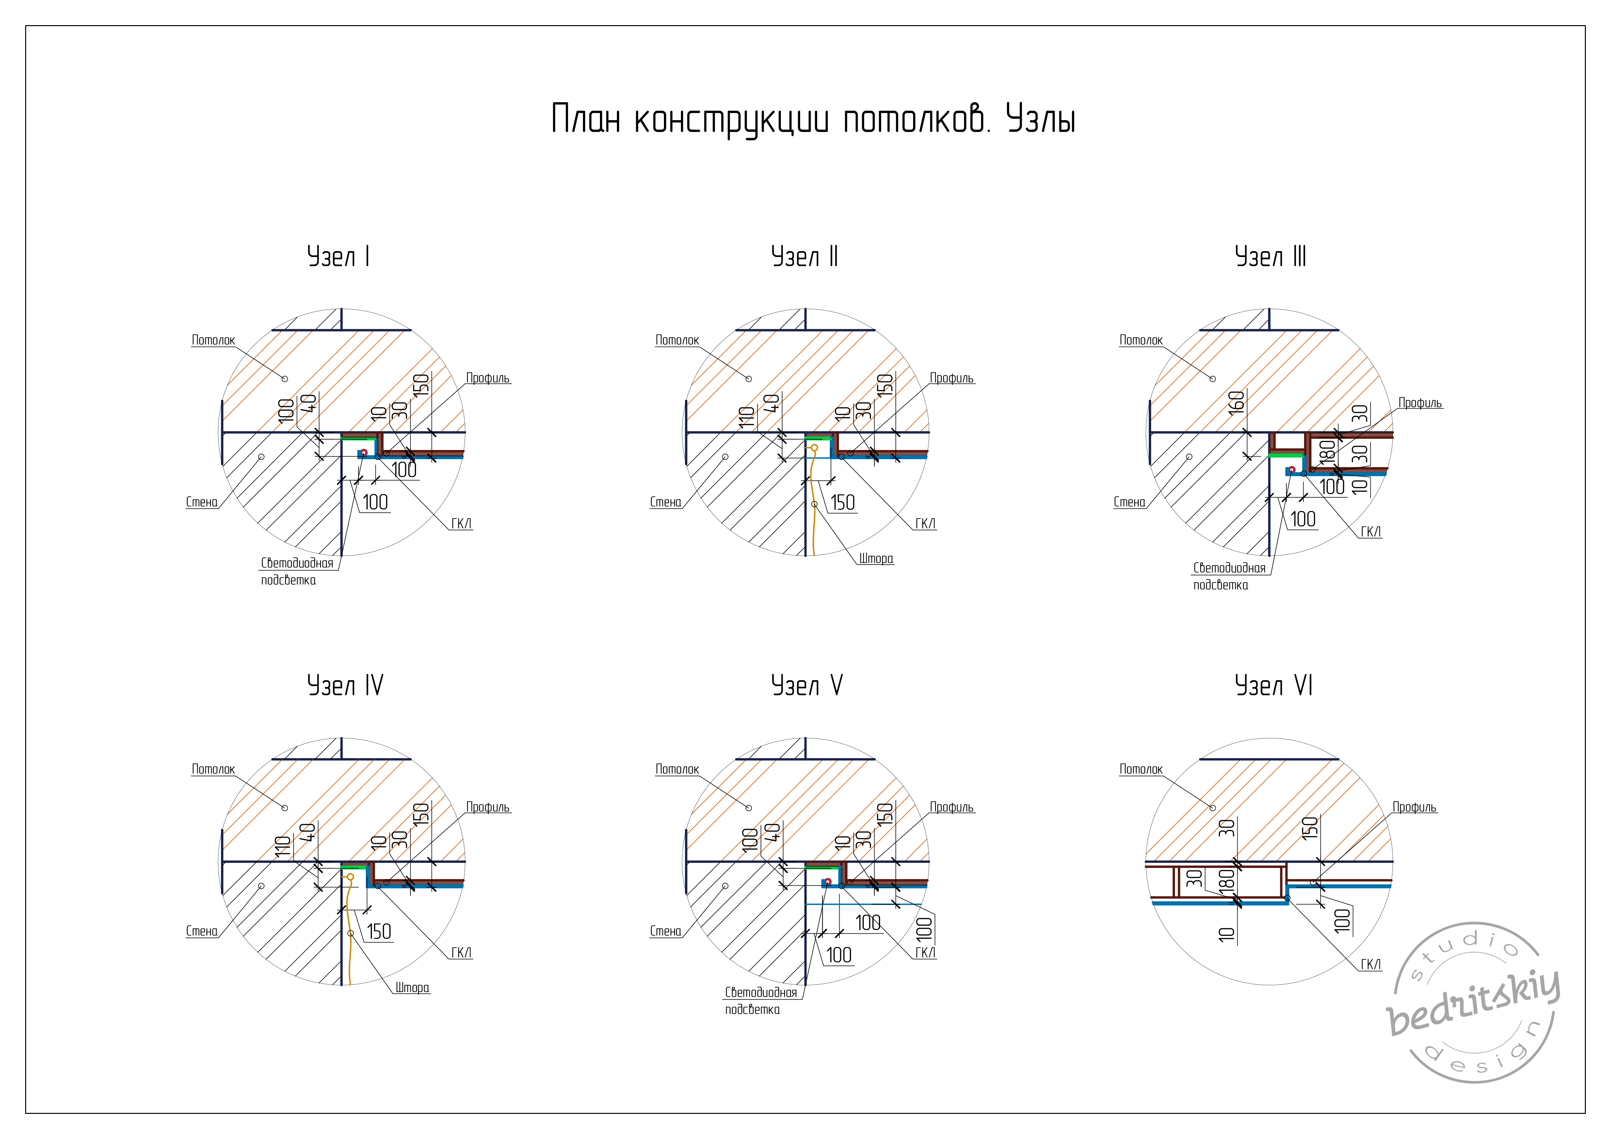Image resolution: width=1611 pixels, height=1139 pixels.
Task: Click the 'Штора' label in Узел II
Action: tap(876, 559)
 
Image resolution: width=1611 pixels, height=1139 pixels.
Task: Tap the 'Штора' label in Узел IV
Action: tap(412, 987)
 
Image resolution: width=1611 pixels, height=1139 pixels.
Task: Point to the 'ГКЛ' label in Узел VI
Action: tap(1370, 964)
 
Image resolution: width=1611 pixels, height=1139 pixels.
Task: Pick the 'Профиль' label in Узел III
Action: tap(1420, 403)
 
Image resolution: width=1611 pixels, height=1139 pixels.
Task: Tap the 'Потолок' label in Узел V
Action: tap(677, 769)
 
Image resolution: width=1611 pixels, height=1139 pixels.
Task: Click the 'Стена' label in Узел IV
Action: tap(201, 931)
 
